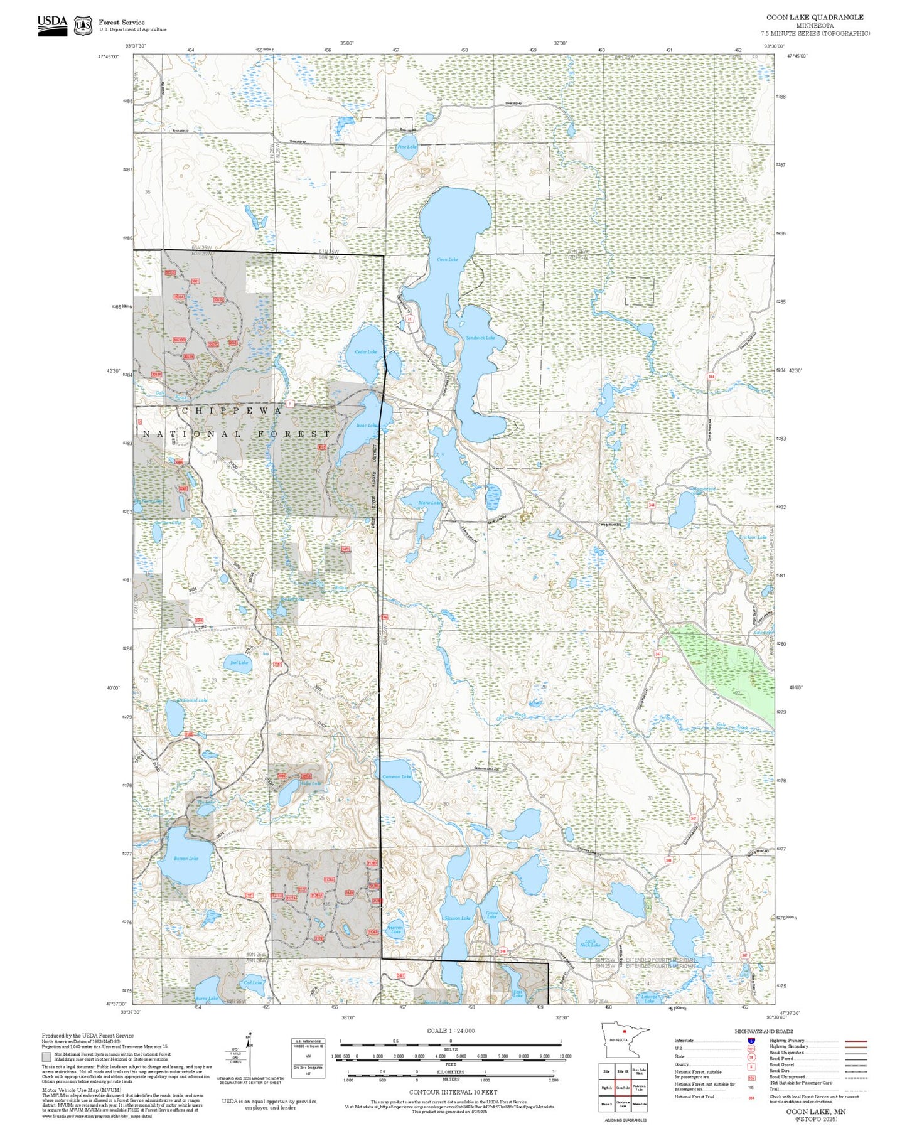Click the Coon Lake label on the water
click(x=447, y=259)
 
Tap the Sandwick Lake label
click(x=480, y=338)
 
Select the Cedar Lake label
click(x=366, y=352)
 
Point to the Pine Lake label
click(x=407, y=147)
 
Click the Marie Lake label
click(x=430, y=503)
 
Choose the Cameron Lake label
click(x=397, y=776)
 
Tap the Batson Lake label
click(x=186, y=858)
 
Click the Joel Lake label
click(x=239, y=662)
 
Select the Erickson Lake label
click(x=753, y=537)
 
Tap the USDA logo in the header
click(x=52, y=24)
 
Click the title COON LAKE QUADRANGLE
click(x=815, y=18)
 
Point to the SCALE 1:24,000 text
click(x=450, y=1031)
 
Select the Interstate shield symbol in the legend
click(x=751, y=1041)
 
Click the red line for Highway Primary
click(x=856, y=1041)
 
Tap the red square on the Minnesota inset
click(x=624, y=1031)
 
